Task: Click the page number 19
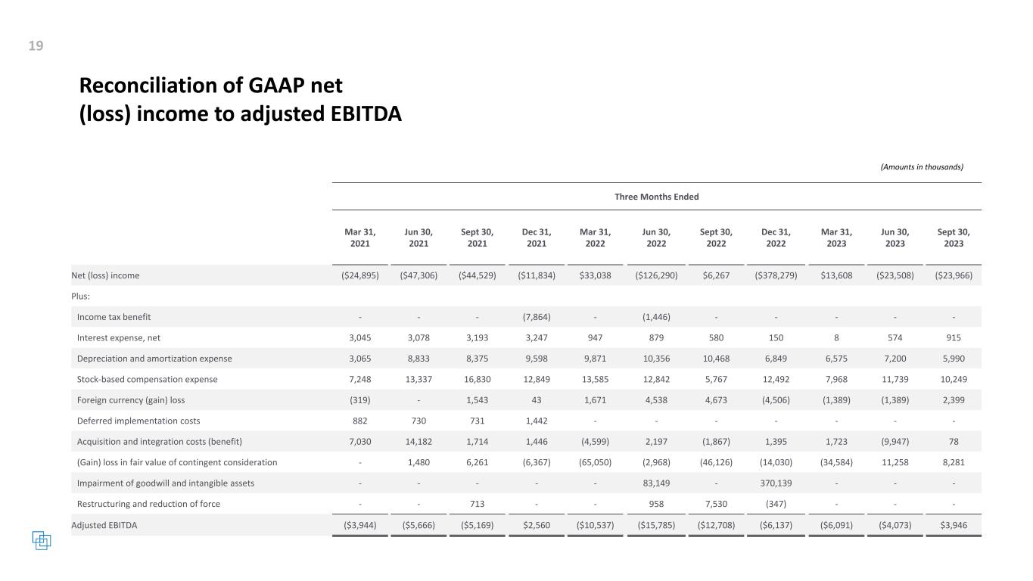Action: tap(36, 46)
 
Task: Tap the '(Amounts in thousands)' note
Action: tap(922, 167)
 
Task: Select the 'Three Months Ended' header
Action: tap(656, 197)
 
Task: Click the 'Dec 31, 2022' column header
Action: tap(776, 238)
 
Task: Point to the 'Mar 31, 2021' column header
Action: tap(359, 238)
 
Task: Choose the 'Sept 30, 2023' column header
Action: tap(954, 238)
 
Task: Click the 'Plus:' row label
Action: tap(80, 297)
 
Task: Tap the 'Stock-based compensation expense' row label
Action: tap(147, 379)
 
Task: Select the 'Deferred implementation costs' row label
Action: tap(138, 421)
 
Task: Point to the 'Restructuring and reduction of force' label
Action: tap(148, 504)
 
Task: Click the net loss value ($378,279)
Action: tap(776, 275)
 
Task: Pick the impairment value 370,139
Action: tap(776, 483)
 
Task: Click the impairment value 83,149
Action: tap(655, 483)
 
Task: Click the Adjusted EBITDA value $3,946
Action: tap(954, 525)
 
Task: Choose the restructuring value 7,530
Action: tap(716, 504)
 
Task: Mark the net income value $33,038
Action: tap(595, 275)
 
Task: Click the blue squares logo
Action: tap(42, 540)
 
